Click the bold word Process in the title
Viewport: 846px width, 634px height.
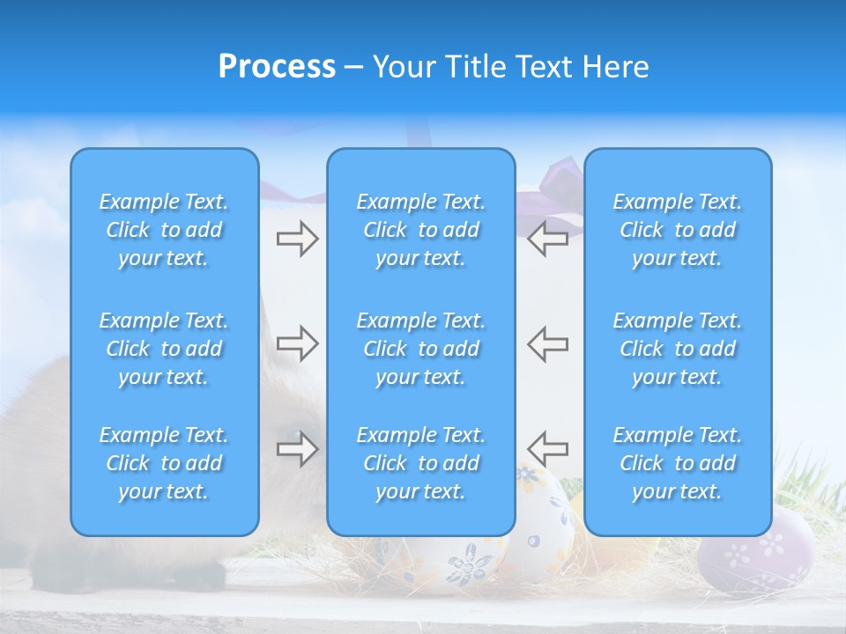pyautogui.click(x=277, y=67)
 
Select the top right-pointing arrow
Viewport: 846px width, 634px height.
pyautogui.click(x=297, y=239)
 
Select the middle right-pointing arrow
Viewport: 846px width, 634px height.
pyautogui.click(x=297, y=343)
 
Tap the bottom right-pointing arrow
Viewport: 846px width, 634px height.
pyautogui.click(x=297, y=448)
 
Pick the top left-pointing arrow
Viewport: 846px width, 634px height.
pyautogui.click(x=548, y=239)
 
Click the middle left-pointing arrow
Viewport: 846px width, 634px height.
pyautogui.click(x=548, y=343)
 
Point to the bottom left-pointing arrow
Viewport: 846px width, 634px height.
pyautogui.click(x=548, y=448)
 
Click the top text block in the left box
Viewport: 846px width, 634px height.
pyautogui.click(x=164, y=230)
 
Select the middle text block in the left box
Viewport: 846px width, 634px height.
pyautogui.click(x=164, y=349)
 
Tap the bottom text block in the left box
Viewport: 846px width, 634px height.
pyautogui.click(x=164, y=463)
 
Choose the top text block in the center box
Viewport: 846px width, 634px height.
pyautogui.click(x=421, y=230)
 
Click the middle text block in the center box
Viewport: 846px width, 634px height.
pyautogui.click(x=421, y=349)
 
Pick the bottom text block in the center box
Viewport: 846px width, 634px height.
pyautogui.click(x=421, y=463)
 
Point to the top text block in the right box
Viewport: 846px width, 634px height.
pyautogui.click(x=678, y=230)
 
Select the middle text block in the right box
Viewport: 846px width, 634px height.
pyautogui.click(x=678, y=349)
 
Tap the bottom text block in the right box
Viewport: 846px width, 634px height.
pyautogui.click(x=678, y=463)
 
